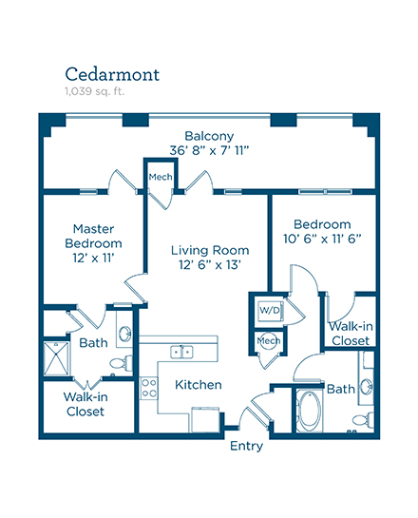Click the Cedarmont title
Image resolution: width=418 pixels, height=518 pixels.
112,74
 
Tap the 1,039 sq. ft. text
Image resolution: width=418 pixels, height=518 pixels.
94,91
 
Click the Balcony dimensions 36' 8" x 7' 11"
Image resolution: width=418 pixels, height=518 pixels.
209,150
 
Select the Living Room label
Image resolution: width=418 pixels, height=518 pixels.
210,250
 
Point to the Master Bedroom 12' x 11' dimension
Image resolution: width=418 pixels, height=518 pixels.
93,258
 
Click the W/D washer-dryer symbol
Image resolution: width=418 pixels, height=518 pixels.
270,311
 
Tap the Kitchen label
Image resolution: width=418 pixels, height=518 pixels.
199,385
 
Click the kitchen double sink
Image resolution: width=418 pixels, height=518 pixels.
181,353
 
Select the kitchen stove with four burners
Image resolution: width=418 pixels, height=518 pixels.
148,388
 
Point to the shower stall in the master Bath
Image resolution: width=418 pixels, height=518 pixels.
56,358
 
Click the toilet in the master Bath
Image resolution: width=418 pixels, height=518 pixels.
121,363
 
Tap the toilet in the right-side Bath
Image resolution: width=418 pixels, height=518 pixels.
363,419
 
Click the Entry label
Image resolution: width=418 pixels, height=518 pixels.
246,446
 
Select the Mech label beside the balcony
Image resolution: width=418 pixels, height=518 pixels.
161,177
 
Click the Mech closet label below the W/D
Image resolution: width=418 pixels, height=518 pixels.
269,340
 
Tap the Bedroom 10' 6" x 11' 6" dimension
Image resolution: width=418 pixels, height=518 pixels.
322,239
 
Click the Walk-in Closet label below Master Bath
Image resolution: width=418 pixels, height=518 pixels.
85,404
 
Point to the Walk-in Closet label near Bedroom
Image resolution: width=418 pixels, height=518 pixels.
351,334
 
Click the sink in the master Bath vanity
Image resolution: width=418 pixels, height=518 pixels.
125,334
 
